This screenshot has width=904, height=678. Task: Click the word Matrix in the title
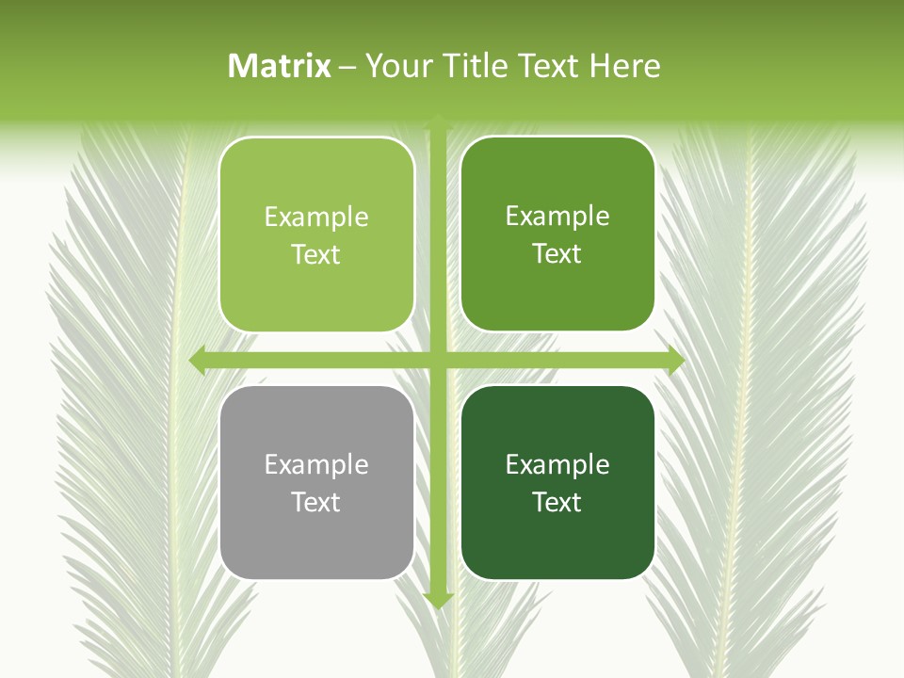(280, 66)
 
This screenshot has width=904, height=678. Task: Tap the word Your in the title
(395, 66)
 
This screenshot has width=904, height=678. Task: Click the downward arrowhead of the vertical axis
(438, 600)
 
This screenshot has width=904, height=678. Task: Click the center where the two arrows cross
(438, 360)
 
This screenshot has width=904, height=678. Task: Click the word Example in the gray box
(316, 464)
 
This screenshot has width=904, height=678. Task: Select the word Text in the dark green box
(557, 502)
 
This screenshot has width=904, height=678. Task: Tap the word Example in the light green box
(316, 217)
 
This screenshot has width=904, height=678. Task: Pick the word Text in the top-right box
(557, 253)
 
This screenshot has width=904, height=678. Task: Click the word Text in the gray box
(316, 502)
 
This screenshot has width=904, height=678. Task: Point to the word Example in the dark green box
(557, 464)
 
